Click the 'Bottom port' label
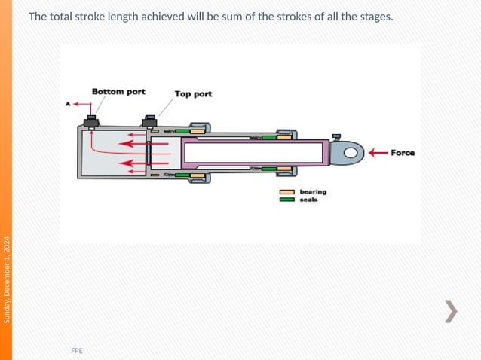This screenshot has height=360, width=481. coord(118,91)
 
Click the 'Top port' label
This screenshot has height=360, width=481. coord(193,94)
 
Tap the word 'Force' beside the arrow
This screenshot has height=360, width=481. coord(402,153)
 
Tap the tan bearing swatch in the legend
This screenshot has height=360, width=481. coord(287,192)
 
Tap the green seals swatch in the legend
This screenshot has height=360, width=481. coord(287,200)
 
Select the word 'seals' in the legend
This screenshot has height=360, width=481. coord(308,200)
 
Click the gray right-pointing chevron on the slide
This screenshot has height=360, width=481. coord(450,311)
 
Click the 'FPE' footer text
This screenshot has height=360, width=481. coord(77,351)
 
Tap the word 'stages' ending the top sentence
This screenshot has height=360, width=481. coord(374,17)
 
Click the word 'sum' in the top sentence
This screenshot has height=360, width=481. coord(220,17)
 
